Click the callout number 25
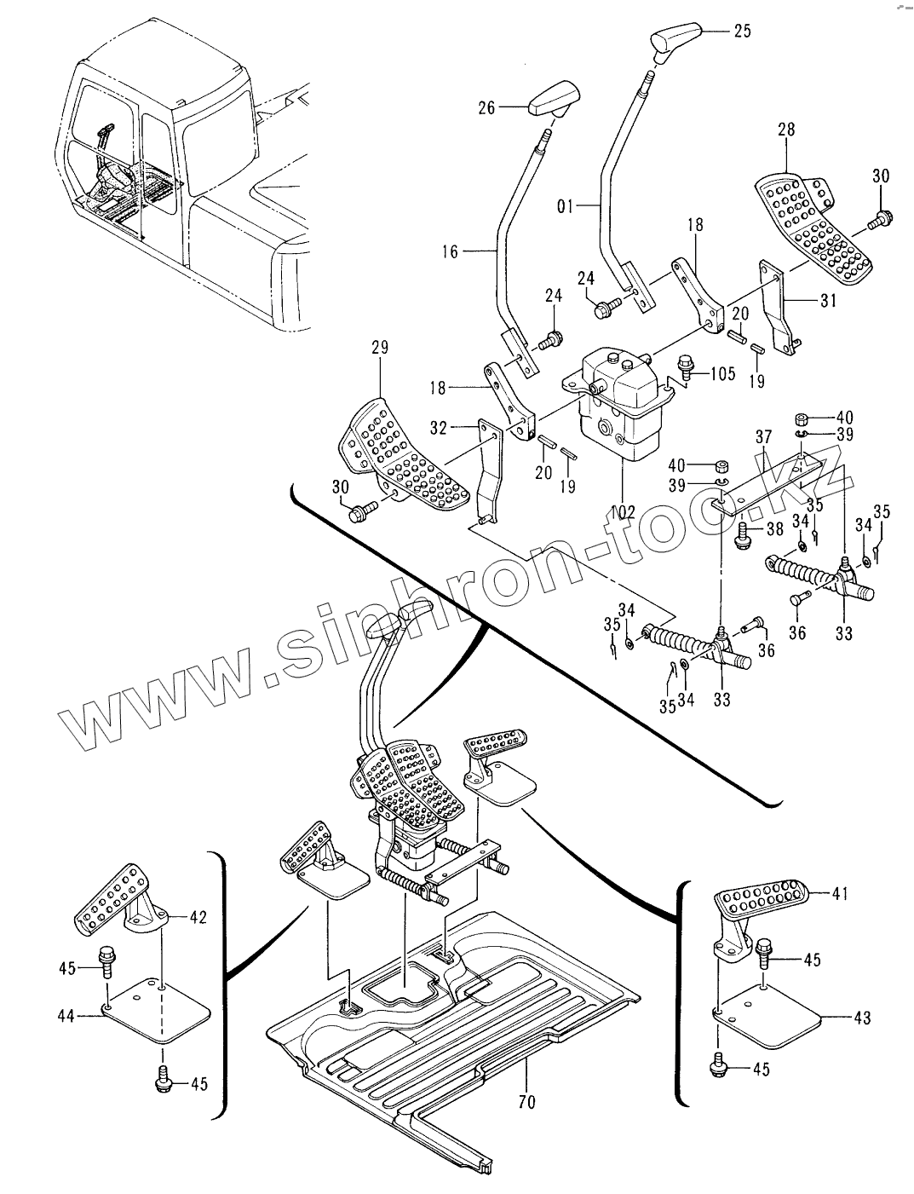742,31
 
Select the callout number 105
722,373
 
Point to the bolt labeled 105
686,366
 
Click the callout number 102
622,512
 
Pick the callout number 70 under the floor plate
526,1101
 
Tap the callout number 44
66,1016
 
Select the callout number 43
862,1018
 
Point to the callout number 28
786,130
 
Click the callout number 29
380,347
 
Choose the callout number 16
450,251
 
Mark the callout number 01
565,206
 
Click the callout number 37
763,437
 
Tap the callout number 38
775,528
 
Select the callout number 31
828,300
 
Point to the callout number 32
438,428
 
